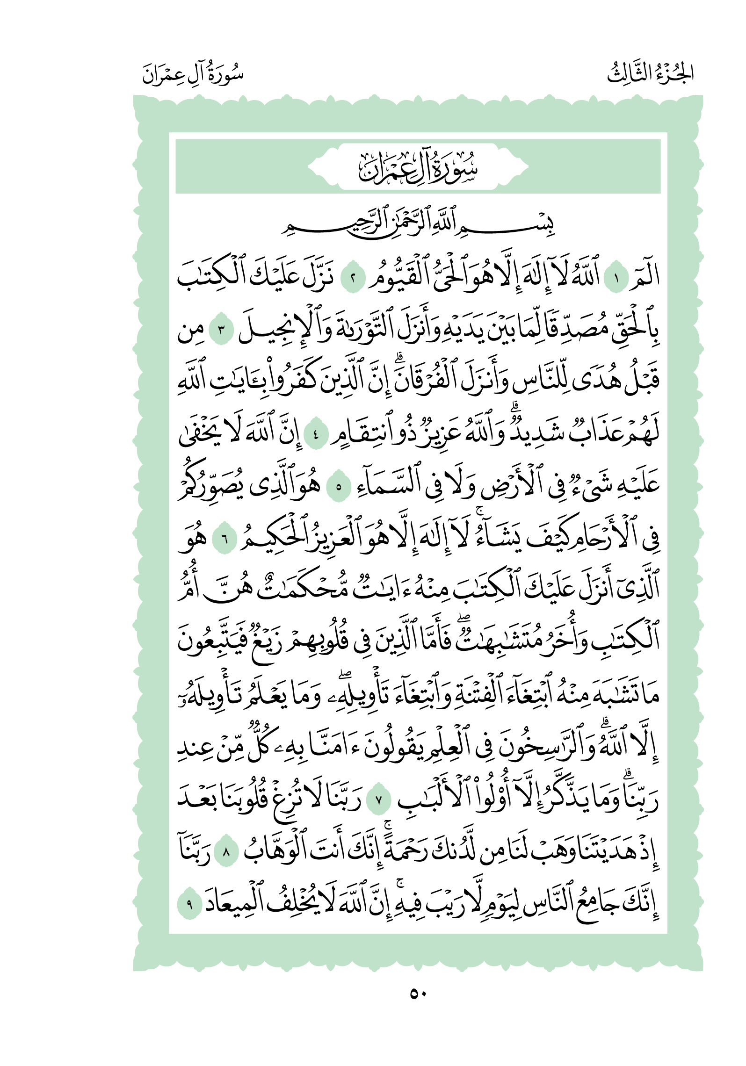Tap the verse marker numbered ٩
click(189, 905)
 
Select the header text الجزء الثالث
click(650, 74)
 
